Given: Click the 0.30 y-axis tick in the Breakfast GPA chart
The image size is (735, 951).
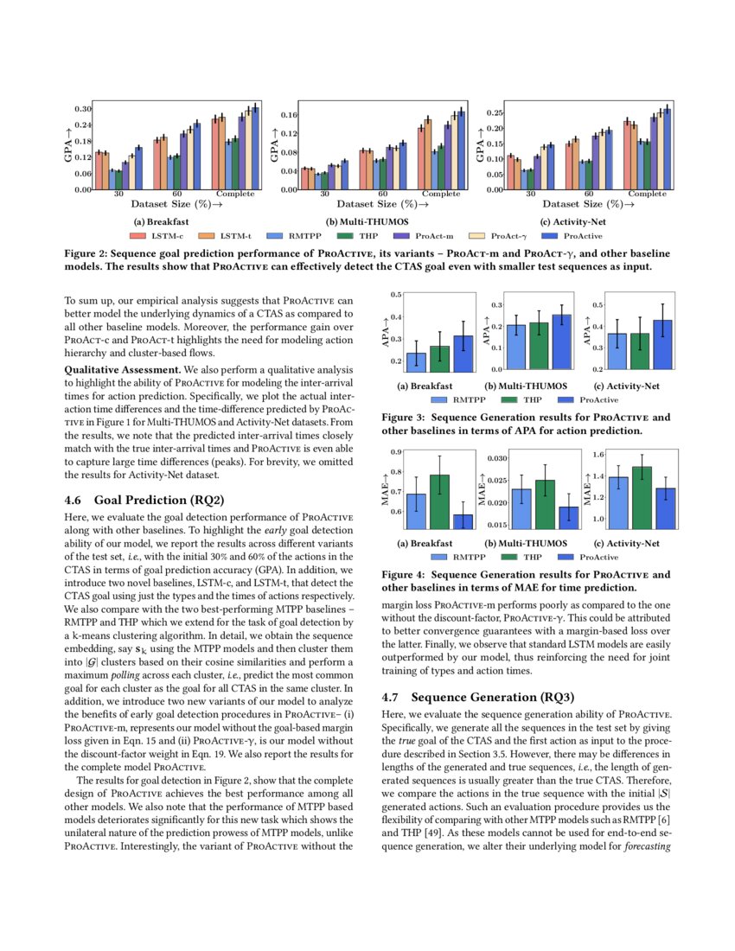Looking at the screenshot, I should [x=82, y=109].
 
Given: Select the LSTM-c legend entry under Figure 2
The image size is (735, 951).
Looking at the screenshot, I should [x=164, y=235].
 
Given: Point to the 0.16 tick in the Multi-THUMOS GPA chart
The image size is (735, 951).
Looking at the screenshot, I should [x=289, y=115].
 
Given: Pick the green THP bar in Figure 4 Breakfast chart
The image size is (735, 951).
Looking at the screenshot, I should [x=439, y=501].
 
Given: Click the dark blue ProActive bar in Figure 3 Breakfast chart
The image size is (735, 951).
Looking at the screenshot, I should [x=463, y=354].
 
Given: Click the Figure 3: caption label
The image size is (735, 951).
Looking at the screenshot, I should [x=404, y=417].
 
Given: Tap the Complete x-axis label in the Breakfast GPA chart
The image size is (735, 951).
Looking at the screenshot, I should [x=234, y=194].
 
